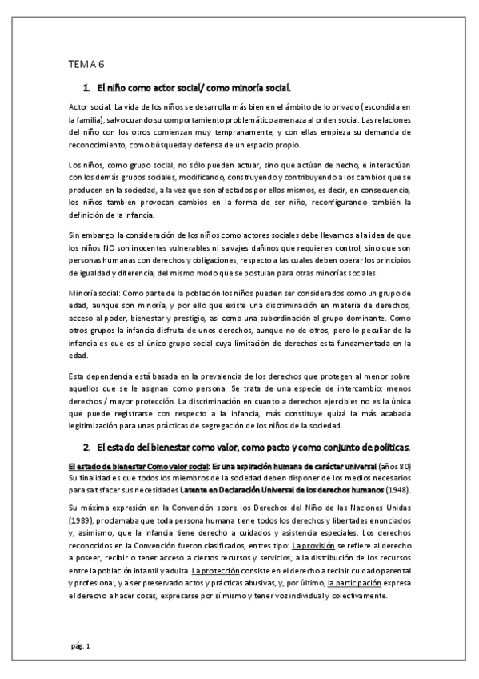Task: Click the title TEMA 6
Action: tap(82, 66)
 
